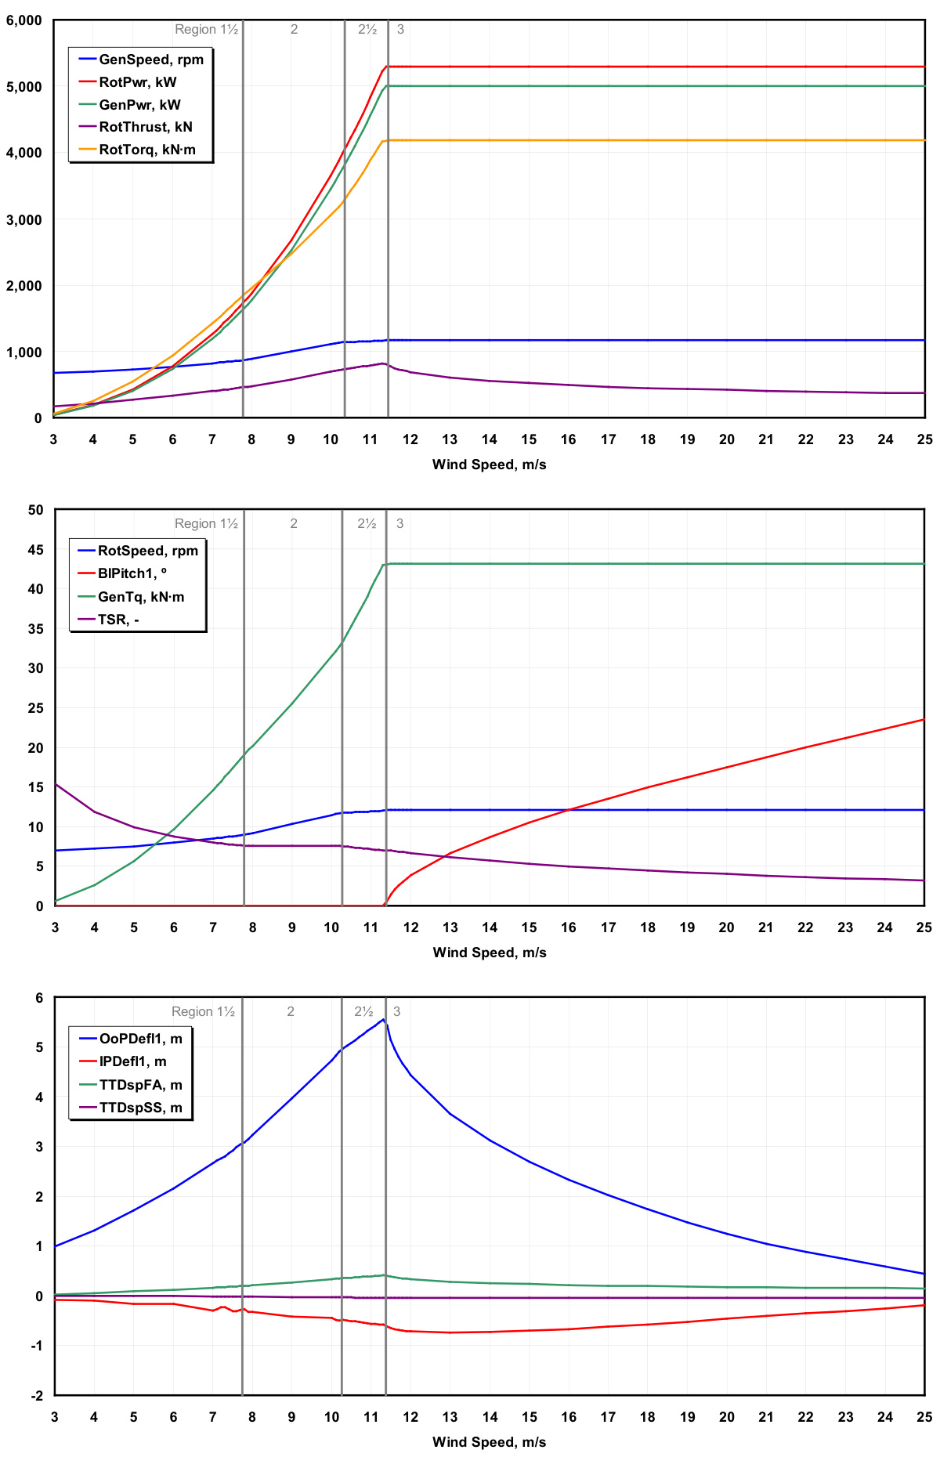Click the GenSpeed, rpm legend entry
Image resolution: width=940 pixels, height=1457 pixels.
click(x=150, y=60)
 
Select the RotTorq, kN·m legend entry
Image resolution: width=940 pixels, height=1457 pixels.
click(x=147, y=150)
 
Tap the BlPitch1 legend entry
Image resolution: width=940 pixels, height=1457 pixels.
click(x=132, y=573)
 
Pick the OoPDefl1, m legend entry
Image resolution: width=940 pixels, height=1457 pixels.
click(x=140, y=1039)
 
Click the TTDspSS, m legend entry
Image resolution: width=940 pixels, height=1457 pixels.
click(x=140, y=1108)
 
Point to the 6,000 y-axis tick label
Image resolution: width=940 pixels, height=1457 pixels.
click(x=24, y=20)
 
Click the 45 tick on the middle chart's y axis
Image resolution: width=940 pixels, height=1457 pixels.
click(x=35, y=550)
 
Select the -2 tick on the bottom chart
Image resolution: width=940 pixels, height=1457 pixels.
click(x=37, y=1395)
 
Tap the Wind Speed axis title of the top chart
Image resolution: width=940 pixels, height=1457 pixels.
click(x=489, y=465)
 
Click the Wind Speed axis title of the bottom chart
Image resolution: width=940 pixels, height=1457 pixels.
click(x=489, y=1442)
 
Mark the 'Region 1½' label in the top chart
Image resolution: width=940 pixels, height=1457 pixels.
click(x=206, y=30)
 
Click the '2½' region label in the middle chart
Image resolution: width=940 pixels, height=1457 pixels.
click(x=367, y=523)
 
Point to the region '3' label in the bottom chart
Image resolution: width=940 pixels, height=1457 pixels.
click(x=396, y=1011)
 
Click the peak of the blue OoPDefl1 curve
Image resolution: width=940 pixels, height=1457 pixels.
click(x=382, y=1019)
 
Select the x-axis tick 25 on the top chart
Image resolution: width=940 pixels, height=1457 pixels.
click(x=924, y=439)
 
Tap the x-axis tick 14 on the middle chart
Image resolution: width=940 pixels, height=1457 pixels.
click(x=490, y=927)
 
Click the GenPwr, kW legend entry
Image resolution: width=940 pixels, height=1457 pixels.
click(x=139, y=105)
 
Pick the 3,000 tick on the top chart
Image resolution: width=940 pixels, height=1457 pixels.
click(x=24, y=219)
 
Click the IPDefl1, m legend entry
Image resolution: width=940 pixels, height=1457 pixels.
click(x=132, y=1061)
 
